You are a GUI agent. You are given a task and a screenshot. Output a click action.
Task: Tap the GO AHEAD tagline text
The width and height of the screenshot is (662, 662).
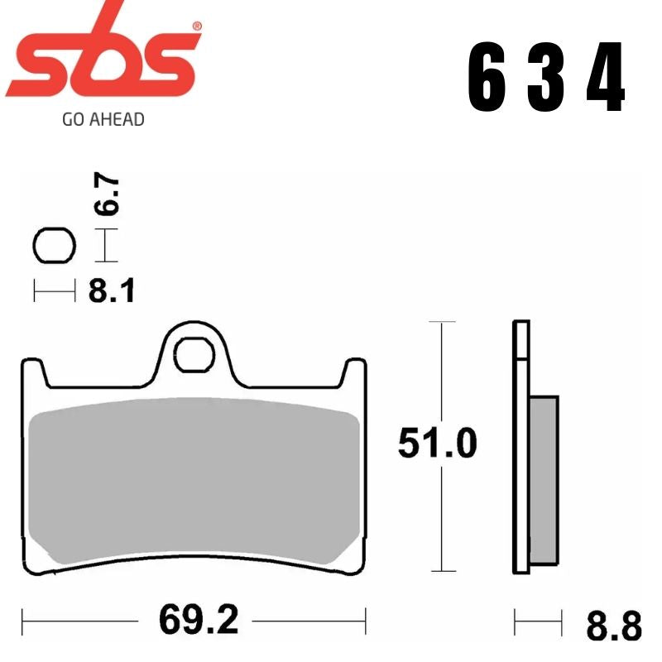103,119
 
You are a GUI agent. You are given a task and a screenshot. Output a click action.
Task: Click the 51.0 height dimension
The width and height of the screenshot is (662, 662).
437,444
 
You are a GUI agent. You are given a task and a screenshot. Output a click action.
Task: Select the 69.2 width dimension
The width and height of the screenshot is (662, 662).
194,619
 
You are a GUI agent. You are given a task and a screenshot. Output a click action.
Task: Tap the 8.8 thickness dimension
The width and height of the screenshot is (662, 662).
613,626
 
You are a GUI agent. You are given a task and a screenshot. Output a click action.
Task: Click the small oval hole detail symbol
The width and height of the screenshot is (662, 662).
55,245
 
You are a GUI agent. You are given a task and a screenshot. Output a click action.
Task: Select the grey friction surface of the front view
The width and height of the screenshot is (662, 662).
194,488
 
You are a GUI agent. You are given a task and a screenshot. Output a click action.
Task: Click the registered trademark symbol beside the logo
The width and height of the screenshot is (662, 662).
196,26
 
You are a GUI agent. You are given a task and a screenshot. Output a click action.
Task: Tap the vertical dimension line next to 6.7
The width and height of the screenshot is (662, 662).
104,246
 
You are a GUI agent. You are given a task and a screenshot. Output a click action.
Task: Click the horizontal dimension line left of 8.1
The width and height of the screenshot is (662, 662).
55,291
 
